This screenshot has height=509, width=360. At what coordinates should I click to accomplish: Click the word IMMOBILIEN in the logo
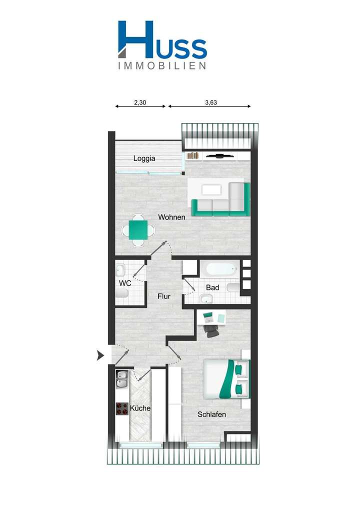tap(162, 65)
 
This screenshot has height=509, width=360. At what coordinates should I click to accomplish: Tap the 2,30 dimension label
tap(140, 102)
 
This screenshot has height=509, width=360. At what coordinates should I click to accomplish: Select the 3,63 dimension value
tap(211, 102)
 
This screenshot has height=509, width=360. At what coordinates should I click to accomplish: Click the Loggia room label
tap(144, 158)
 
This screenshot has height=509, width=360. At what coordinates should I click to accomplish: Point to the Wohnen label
tap(171, 217)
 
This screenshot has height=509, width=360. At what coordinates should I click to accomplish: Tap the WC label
tap(125, 283)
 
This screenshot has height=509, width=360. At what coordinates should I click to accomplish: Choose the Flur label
tap(164, 296)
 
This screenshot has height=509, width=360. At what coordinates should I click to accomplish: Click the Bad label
tap(213, 287)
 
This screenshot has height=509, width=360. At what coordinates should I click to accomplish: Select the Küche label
tap(140, 408)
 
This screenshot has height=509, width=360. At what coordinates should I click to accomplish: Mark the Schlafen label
tap(211, 414)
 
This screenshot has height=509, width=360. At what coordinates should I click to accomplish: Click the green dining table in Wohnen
tap(138, 230)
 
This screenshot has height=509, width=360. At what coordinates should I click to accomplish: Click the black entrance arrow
tap(100, 355)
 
